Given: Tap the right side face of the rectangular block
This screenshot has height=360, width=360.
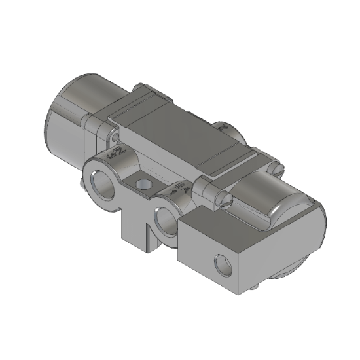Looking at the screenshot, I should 281,259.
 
